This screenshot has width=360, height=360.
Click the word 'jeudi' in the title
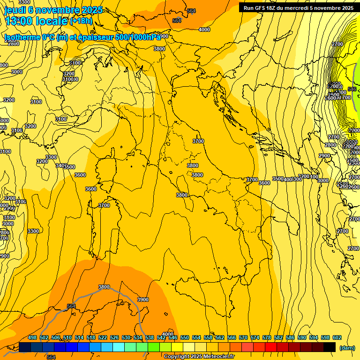pos(15,10)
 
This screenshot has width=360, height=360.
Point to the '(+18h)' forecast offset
pos(81,21)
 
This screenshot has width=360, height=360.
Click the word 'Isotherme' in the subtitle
pos(21,37)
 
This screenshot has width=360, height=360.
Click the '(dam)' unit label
pos(347,347)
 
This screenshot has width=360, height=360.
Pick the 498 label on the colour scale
pos(32,338)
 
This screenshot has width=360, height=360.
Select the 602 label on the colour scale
pos(337,338)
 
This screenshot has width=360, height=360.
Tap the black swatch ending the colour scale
pos(330,347)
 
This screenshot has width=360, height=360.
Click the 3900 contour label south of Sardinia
pos(142,300)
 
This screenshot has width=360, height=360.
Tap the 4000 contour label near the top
pos(204,30)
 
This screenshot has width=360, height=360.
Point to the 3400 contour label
pos(60,165)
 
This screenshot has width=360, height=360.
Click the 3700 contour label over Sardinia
pos(104,205)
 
